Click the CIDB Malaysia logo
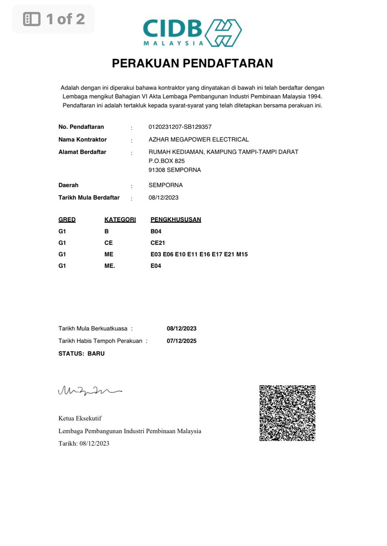192,32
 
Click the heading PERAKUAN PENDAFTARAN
192,64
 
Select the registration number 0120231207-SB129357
180,127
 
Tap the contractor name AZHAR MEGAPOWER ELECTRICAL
199,139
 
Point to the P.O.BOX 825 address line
167,161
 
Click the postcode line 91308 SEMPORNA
175,170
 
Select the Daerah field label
68,185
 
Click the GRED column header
67,220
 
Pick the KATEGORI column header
120,220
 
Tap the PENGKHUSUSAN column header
176,220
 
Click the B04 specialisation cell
156,232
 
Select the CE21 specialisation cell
158,243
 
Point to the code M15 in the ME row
242,255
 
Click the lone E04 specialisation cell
156,266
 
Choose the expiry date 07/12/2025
182,341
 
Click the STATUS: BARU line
82,354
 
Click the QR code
287,413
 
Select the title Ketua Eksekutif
80,418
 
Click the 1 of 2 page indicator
54,19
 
